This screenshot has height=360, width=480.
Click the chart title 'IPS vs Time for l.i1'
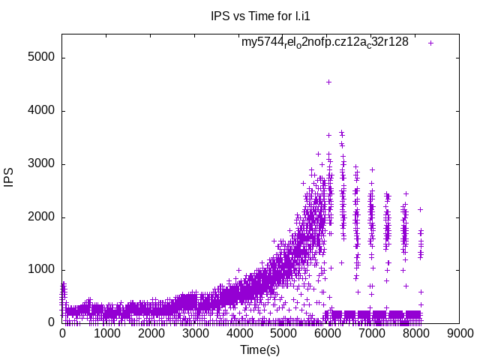tap(240, 15)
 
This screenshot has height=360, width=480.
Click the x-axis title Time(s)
tap(259, 349)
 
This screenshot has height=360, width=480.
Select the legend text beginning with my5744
tap(325, 42)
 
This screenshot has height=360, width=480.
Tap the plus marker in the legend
tap(431, 43)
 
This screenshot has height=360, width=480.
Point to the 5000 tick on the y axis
tap(40, 58)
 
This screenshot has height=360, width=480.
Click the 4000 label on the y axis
tap(40, 111)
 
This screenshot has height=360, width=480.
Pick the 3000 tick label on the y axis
tap(40, 164)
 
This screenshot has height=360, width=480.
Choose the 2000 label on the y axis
tap(40, 217)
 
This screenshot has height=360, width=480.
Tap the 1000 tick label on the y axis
tap(40, 270)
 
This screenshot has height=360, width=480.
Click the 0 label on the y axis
tap(51, 323)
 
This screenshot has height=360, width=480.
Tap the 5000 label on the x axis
tap(283, 334)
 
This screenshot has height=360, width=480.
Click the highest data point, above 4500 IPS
tap(328, 82)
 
